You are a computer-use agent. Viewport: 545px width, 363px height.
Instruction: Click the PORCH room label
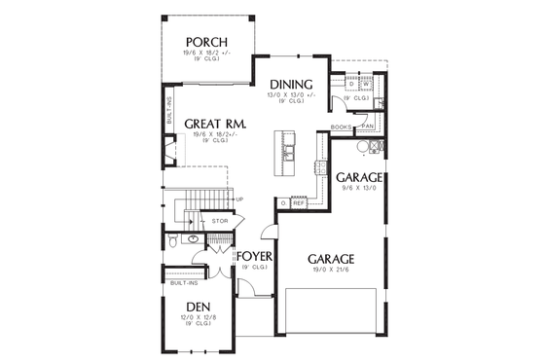coord(206,41)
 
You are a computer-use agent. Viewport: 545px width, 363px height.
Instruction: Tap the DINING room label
coord(291,84)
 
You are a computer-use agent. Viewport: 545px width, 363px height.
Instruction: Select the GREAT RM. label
coord(213,125)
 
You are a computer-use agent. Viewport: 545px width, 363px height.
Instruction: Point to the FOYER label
coord(253,257)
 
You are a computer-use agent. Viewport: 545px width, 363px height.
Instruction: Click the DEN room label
coord(199,306)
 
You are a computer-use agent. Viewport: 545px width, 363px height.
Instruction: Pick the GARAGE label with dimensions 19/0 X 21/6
coord(330,259)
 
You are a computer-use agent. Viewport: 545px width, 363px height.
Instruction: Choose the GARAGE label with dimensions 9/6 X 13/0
coord(359,177)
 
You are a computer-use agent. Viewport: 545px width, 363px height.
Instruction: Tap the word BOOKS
coord(341,127)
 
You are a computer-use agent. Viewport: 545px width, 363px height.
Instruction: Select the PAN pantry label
coord(368,127)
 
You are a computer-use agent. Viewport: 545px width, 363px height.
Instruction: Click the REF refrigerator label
coord(298,203)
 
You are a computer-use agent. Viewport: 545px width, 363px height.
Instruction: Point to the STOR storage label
coord(220,221)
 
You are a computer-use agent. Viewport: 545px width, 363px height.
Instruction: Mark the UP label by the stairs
coord(239,200)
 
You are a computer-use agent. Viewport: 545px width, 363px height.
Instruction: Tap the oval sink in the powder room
coord(193,236)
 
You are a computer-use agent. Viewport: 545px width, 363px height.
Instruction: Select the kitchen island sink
coord(289,150)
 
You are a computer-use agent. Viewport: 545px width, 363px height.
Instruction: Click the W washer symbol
coord(368,84)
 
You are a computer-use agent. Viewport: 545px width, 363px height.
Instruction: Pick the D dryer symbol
coord(352,84)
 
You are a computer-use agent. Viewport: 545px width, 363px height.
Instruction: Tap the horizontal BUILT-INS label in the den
coord(184,283)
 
